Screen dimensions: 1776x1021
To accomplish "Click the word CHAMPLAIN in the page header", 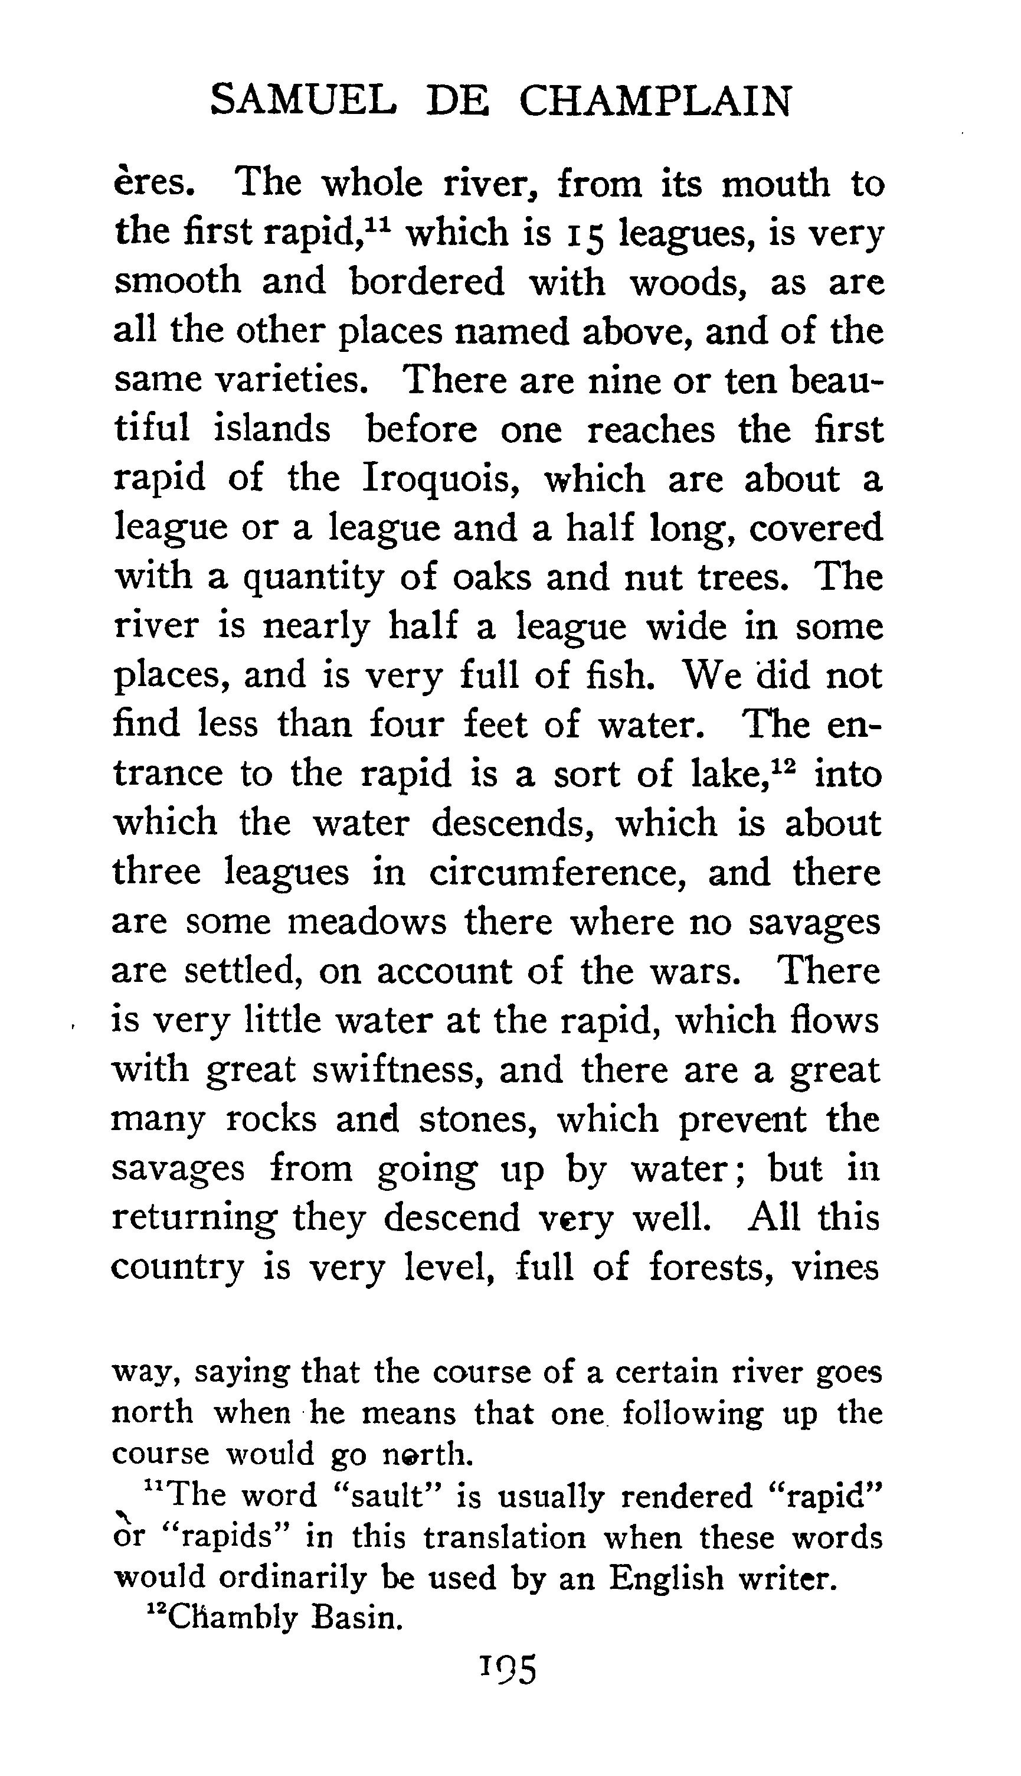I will coord(655,101).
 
